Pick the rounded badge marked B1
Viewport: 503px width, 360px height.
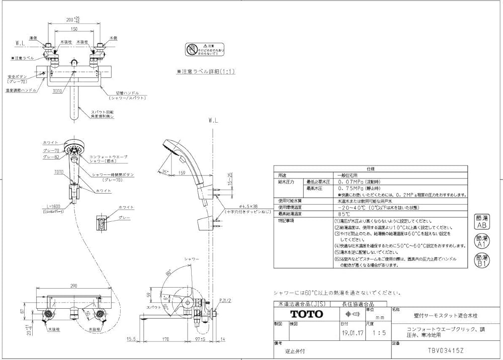point(482,260)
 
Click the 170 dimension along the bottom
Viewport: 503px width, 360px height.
point(163,346)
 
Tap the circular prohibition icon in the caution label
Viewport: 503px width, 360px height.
point(192,50)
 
